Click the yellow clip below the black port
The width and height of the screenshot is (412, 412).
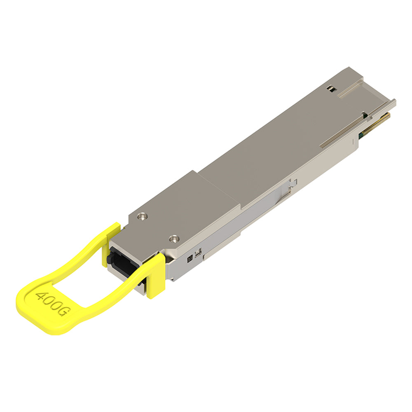(156, 276)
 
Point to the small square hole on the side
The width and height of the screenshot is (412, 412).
(190, 259)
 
